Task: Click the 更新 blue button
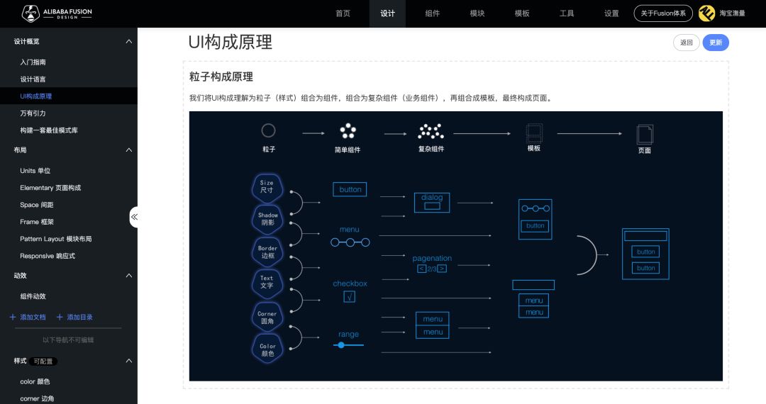(x=715, y=43)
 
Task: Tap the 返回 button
(x=686, y=43)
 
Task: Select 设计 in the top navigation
(x=387, y=13)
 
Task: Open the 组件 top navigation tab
(x=432, y=13)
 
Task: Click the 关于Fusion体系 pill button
(x=662, y=13)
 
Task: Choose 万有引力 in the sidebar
(x=33, y=113)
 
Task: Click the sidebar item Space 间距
(x=37, y=205)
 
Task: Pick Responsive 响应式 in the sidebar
(x=48, y=256)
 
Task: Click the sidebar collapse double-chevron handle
(x=133, y=216)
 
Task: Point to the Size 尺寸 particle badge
(x=267, y=187)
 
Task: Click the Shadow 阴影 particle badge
(x=267, y=219)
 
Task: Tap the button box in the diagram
(x=350, y=189)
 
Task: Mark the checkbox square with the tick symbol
(x=350, y=297)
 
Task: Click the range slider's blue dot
(x=341, y=345)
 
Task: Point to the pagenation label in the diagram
(x=432, y=258)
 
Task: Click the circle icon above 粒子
(x=268, y=130)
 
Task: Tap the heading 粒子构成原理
(x=221, y=77)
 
